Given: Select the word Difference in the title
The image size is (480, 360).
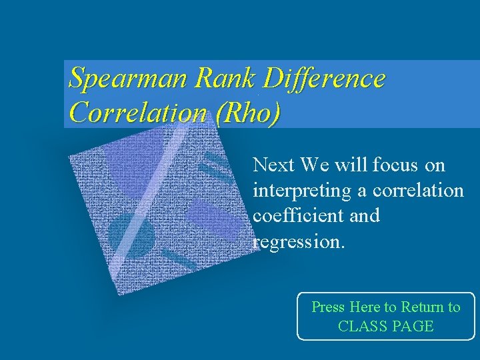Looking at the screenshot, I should (324, 79).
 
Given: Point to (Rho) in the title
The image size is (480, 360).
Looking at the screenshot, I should (248, 113).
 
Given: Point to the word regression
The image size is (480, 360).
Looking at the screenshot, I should (299, 241).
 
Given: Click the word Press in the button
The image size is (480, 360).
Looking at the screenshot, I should (328, 307).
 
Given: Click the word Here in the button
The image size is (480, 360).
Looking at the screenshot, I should (365, 307).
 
